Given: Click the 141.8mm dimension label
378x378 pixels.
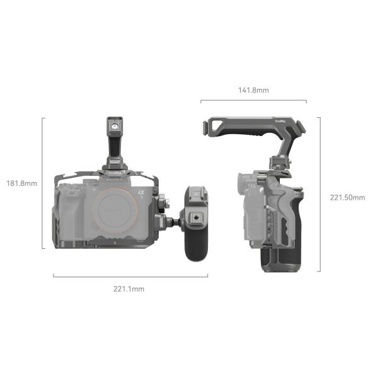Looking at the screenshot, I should tap(254, 90).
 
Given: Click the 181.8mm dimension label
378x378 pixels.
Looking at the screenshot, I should tap(21, 184).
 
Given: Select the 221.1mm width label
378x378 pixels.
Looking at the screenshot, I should tap(129, 289).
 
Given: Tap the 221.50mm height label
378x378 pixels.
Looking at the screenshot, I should tap(347, 197).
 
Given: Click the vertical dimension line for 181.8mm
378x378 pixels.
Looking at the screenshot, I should tap(43, 183).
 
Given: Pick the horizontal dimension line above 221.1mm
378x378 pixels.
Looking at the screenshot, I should tap(130, 275).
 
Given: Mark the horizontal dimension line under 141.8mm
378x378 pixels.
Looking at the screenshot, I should tap(254, 101).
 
